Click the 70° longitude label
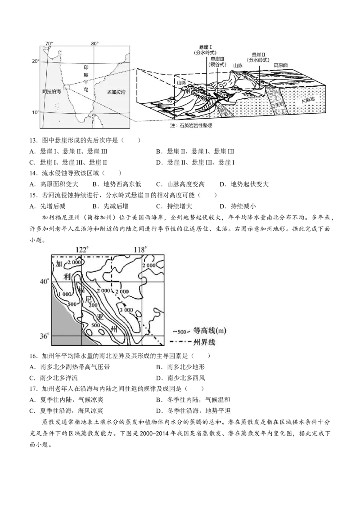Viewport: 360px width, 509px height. (49, 43)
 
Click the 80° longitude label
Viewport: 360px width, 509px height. (94, 43)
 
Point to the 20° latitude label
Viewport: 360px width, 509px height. (36, 61)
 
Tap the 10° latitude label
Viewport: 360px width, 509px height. (36, 112)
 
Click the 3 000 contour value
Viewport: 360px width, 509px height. (126, 310)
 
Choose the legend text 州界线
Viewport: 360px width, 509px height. (204, 343)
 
